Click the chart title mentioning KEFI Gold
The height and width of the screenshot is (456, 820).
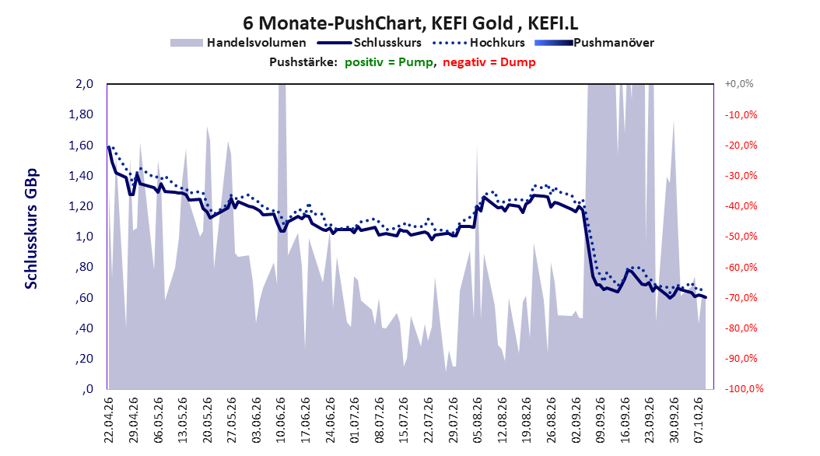(x=411, y=23)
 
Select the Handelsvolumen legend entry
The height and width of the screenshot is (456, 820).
(x=239, y=43)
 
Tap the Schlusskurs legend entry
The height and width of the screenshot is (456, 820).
(x=370, y=43)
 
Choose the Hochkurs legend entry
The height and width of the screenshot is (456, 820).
(x=478, y=43)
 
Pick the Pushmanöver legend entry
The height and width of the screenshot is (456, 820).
(x=594, y=43)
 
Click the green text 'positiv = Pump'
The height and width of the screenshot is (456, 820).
(x=388, y=62)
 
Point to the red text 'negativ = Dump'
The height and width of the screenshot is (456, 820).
(x=489, y=62)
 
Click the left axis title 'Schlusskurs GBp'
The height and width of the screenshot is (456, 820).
(x=31, y=229)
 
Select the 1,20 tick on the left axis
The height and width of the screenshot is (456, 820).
(x=81, y=206)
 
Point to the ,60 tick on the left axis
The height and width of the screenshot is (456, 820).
(x=84, y=297)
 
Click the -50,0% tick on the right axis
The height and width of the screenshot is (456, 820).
(x=741, y=237)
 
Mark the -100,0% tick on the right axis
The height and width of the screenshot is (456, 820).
(x=744, y=388)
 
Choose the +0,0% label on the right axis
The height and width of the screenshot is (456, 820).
(x=739, y=84)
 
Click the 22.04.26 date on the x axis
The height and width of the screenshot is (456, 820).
(x=109, y=420)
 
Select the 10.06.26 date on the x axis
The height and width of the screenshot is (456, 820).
(x=280, y=420)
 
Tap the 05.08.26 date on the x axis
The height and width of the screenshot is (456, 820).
(x=477, y=420)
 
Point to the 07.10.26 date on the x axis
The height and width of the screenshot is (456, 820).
(x=698, y=420)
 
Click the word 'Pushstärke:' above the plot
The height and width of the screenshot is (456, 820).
(x=303, y=62)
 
